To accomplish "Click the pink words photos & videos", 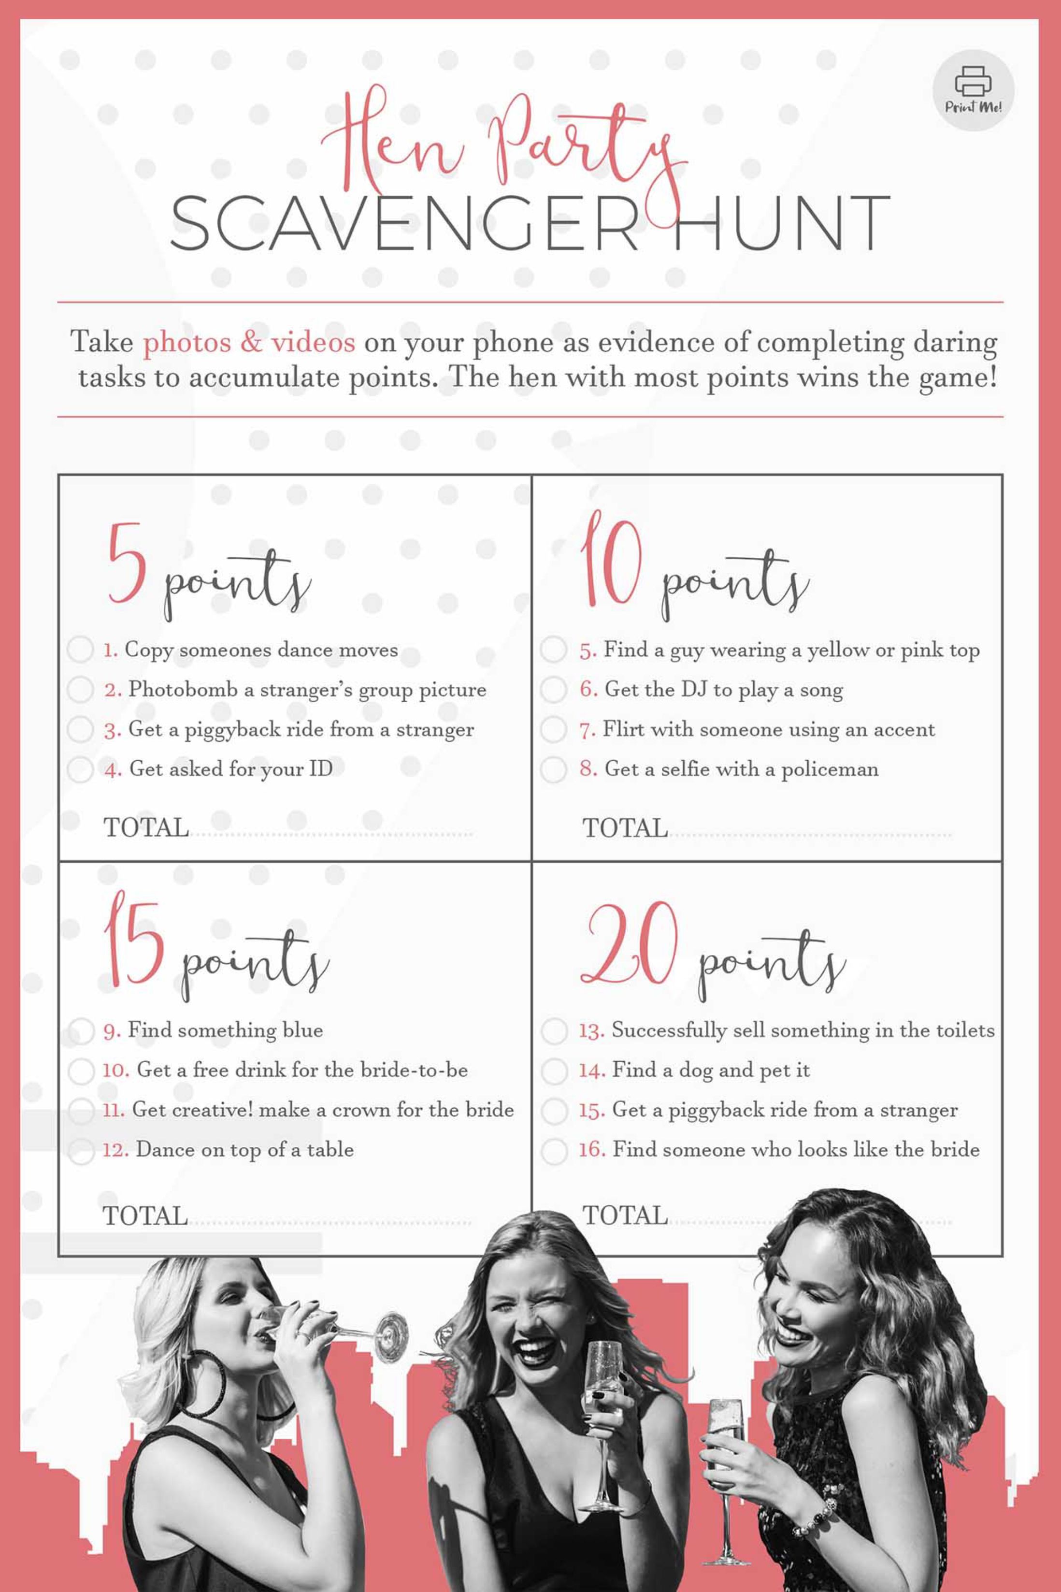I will (x=248, y=342).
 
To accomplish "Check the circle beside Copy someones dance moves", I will (x=80, y=650).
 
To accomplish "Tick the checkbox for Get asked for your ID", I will (x=80, y=769).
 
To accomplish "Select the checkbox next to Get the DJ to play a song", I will (x=554, y=690).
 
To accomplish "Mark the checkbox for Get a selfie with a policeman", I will (x=554, y=769).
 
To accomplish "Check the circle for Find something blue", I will (x=81, y=1030).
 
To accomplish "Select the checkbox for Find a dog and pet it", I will (x=554, y=1070).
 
